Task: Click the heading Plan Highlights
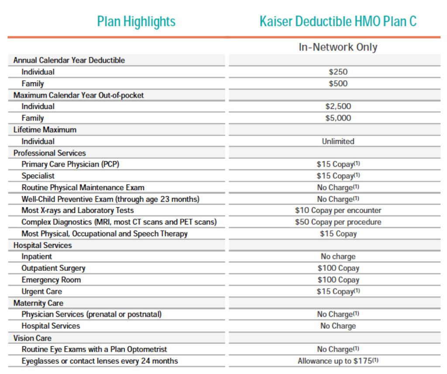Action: tap(136, 21)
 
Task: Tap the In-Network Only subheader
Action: tap(338, 47)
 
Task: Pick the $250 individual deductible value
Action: tap(338, 72)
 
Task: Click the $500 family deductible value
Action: tap(338, 83)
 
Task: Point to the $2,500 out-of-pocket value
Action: tap(338, 106)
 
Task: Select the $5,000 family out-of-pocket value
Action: tap(338, 118)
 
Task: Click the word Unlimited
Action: tap(338, 141)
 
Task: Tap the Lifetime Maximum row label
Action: tap(45, 130)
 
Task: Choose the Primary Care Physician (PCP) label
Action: tap(70, 164)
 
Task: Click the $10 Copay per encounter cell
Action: tap(338, 210)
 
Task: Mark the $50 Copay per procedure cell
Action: tap(338, 222)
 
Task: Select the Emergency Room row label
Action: tap(51, 280)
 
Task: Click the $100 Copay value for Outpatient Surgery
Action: tap(338, 268)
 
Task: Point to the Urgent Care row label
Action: tap(41, 291)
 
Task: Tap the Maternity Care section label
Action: tap(38, 303)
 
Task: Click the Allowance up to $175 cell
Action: tap(338, 361)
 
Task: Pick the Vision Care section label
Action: tap(32, 338)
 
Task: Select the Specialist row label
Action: tap(38, 176)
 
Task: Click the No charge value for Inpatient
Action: tap(338, 257)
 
